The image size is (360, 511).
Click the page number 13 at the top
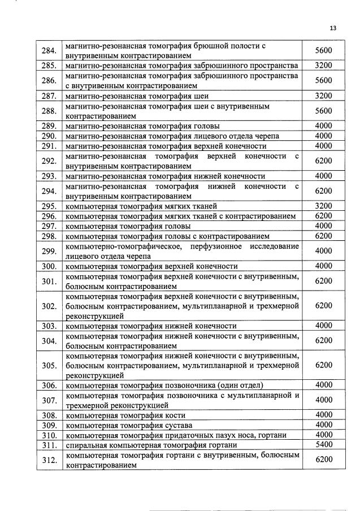pyautogui.click(x=332, y=28)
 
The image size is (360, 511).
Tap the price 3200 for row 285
pyautogui.click(x=323, y=66)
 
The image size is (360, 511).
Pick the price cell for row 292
pyautogui.click(x=323, y=161)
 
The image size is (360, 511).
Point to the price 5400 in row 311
pyautogui.click(x=323, y=445)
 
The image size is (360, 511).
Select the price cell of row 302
pyautogui.click(x=323, y=306)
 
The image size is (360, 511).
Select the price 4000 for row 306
pyautogui.click(x=323, y=386)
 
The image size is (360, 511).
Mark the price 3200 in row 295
pyautogui.click(x=323, y=206)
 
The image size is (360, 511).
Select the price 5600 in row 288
pyautogui.click(x=323, y=111)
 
